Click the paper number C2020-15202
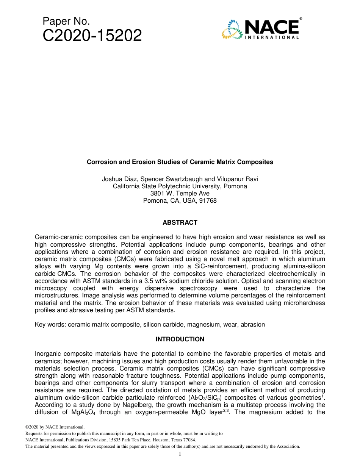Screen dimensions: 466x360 click(x=92, y=36)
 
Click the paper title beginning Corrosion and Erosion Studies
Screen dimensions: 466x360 click(x=180, y=162)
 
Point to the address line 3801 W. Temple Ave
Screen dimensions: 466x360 click(x=180, y=194)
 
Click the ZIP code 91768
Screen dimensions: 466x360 click(x=209, y=201)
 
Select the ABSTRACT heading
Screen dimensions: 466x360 click(x=180, y=223)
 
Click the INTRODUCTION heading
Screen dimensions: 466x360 click(x=180, y=339)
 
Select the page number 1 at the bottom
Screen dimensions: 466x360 click(x=180, y=454)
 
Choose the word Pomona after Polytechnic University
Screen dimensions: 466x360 click(x=235, y=186)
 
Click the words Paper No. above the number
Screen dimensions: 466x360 click(x=66, y=22)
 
